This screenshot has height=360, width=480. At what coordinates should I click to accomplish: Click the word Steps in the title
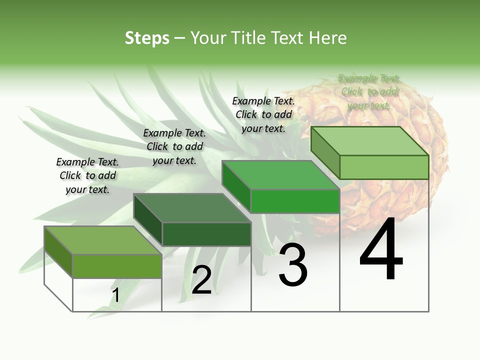click(x=147, y=38)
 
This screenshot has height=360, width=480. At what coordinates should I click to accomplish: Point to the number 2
click(x=201, y=280)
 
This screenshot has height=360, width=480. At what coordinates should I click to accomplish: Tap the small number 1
click(x=115, y=295)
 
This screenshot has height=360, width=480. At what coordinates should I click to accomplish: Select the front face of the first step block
click(x=117, y=266)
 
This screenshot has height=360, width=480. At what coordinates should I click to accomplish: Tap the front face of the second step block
click(x=206, y=234)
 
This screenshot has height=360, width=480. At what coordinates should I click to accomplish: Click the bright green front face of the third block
click(x=295, y=201)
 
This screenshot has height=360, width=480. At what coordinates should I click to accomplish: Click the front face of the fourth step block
click(x=384, y=167)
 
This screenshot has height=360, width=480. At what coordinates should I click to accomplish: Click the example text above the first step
click(x=87, y=175)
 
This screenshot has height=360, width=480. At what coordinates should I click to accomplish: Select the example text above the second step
click(x=174, y=146)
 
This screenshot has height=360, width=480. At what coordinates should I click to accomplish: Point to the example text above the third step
click(x=263, y=114)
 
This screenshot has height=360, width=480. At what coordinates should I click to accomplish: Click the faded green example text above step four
click(x=369, y=91)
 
